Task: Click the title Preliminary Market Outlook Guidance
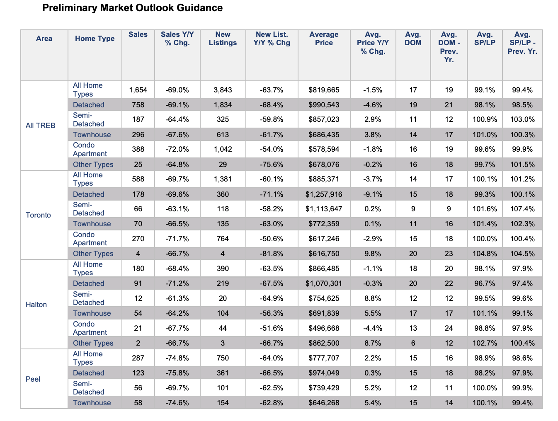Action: tap(132, 8)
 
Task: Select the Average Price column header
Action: tap(324, 39)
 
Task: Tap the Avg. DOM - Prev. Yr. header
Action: tap(449, 47)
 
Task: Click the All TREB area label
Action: tap(40, 126)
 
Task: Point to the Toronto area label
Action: tap(38, 215)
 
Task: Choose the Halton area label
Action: tap(36, 305)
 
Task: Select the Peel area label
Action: tap(33, 379)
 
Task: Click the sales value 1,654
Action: tap(138, 90)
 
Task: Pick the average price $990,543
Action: tap(324, 105)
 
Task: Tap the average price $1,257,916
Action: tap(324, 194)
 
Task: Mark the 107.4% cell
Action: tap(522, 209)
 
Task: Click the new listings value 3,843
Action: tap(223, 90)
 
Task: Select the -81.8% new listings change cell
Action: tap(271, 254)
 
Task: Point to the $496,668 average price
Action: tap(324, 328)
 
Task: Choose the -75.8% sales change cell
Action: tap(177, 373)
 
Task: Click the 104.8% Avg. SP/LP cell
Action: tap(485, 254)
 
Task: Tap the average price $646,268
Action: tap(324, 403)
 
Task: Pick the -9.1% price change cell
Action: tap(372, 194)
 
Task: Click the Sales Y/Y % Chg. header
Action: tap(177, 39)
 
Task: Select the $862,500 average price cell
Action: tap(324, 343)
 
